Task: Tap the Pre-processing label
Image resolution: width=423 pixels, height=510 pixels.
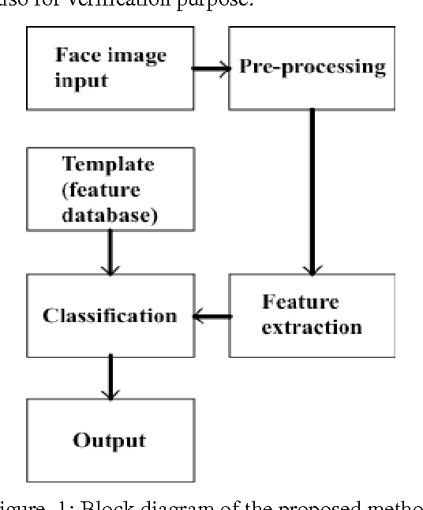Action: click(313, 67)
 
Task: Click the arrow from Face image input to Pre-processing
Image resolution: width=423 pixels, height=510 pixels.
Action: click(211, 68)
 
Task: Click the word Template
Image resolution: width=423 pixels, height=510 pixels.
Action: click(108, 165)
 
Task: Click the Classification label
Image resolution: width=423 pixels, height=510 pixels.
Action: click(110, 316)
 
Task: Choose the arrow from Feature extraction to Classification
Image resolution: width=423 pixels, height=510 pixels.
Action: click(211, 317)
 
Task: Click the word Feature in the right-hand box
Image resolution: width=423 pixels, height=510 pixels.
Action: click(301, 302)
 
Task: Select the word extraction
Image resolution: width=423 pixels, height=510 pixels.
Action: click(312, 327)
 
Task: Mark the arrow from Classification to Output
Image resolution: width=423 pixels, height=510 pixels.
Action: click(110, 376)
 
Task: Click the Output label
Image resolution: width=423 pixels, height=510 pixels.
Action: click(109, 440)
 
